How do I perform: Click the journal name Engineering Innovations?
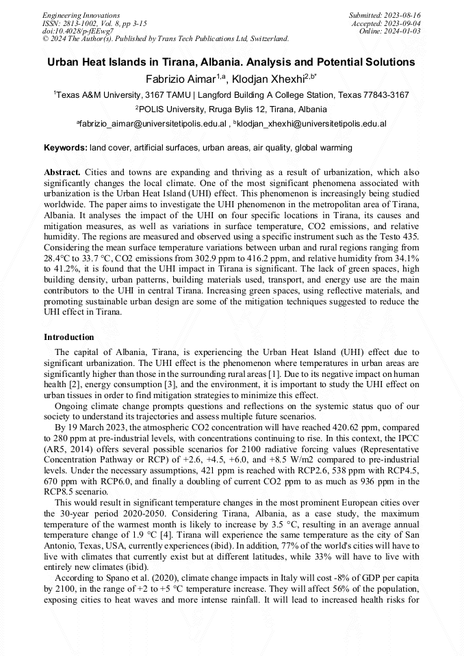[81, 15]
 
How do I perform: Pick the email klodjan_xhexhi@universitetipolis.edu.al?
[311, 124]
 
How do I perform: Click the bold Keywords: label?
[66, 148]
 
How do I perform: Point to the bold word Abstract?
[63, 172]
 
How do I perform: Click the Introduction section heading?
[69, 337]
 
